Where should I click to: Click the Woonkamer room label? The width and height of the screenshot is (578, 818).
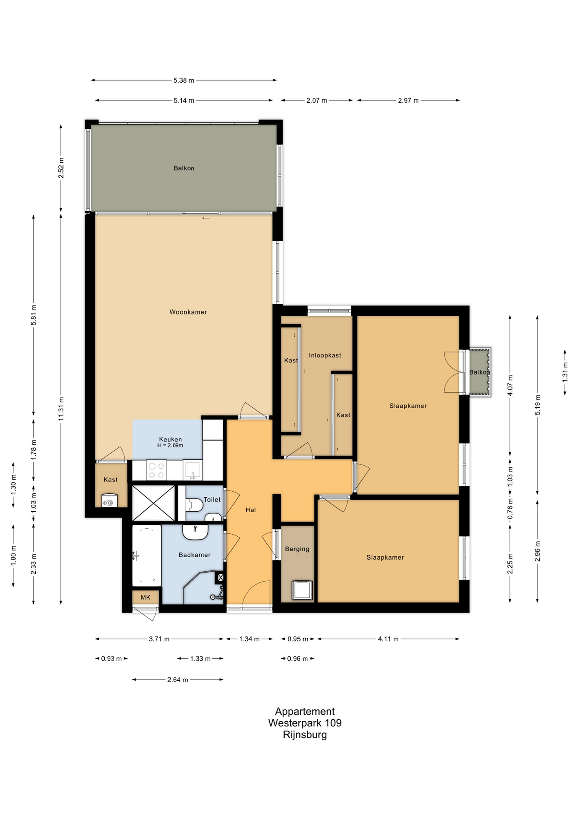pos(188,312)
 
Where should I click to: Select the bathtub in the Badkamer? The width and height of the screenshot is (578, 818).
pos(146,556)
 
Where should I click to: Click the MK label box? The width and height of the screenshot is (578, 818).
pos(146,597)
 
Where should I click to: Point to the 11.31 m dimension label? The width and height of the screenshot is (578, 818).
pos(61,409)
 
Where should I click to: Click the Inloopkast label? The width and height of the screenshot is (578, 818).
pos(325,355)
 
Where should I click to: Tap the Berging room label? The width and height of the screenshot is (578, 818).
pos(297,549)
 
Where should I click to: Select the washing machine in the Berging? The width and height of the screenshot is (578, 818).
pos(302,590)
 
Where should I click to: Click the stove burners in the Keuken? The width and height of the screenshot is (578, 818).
pos(156,470)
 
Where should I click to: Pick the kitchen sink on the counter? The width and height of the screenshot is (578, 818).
pos(193,470)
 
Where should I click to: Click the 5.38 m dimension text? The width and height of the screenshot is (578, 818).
pos(184,80)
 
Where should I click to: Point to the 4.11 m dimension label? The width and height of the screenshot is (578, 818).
pos(388,639)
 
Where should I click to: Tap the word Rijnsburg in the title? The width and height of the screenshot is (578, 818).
pos(305,734)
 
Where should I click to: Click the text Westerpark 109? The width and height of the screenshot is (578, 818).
pos(305,723)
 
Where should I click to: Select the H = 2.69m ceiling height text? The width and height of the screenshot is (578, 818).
pos(170,446)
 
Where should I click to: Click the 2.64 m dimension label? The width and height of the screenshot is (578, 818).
pos(177,680)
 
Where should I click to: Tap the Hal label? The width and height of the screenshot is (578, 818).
pos(251,510)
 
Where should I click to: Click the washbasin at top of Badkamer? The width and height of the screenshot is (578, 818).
pos(195,532)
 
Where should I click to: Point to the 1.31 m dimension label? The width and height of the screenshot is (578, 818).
pos(565,372)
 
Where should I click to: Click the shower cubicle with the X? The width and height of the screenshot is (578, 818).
pos(154,503)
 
